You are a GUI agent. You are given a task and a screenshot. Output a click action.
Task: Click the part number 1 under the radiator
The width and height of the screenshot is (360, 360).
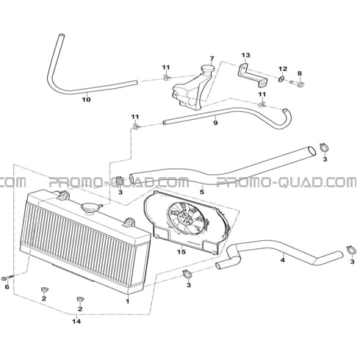127,300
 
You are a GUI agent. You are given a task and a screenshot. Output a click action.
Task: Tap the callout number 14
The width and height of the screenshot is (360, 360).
76,321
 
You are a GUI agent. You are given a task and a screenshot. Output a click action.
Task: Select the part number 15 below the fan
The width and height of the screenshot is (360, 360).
181,252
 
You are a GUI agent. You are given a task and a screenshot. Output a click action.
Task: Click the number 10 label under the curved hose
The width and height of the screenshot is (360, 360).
86,99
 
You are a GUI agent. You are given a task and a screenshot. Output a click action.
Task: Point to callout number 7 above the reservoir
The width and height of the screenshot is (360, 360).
212,59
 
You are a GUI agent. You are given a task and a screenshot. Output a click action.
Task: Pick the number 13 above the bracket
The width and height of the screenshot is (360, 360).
245,55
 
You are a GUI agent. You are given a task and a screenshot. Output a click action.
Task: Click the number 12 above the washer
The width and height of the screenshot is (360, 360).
283,69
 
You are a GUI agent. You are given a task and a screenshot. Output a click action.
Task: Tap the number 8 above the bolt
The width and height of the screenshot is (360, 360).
300,73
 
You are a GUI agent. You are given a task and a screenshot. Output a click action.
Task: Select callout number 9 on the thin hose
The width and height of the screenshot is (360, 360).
215,123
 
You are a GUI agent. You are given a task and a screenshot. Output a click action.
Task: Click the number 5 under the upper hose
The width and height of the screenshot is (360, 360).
201,192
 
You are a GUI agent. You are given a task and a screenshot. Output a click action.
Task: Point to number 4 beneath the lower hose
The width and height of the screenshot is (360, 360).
283,260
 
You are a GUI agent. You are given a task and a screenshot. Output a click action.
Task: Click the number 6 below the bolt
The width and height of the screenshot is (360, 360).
7,287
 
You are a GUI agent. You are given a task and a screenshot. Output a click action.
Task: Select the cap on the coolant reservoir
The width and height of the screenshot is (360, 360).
207,68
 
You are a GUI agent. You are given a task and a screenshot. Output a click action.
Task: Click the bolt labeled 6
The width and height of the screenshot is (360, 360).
8,278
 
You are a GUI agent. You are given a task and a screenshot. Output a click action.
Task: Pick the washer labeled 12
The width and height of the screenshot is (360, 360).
281,79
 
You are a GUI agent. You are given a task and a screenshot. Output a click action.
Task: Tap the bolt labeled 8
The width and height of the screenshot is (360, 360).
297,84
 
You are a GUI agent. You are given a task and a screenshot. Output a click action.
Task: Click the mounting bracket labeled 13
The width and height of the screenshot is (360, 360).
253,75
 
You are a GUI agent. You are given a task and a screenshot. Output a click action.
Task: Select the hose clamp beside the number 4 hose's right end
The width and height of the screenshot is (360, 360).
350,250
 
